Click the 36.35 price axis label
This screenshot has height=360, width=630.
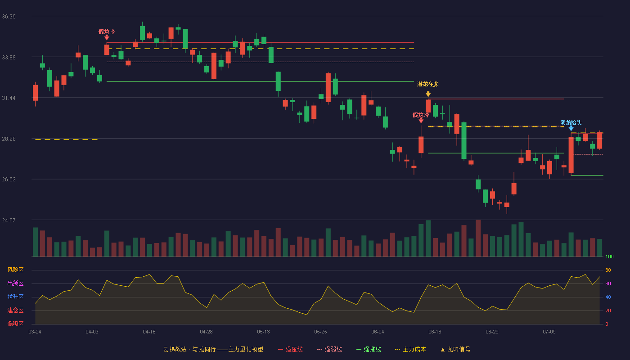click(9, 17)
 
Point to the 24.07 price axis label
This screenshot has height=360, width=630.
click(9, 220)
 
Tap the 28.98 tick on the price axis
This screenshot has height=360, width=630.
click(9, 139)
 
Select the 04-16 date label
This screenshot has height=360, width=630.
click(149, 332)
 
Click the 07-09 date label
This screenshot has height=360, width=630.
click(549, 332)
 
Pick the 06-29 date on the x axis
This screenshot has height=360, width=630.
click(492, 332)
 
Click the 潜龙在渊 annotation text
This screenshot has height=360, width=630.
click(428, 84)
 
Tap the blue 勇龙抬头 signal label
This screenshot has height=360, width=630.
click(571, 122)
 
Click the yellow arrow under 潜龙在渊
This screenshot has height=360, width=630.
click(428, 94)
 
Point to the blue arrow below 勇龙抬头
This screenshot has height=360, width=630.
click(571, 129)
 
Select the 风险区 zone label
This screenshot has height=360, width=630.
click(15, 270)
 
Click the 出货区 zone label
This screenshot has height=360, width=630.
click(15, 283)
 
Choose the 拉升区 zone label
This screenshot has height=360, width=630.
click(15, 297)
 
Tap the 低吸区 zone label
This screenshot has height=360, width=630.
click(15, 324)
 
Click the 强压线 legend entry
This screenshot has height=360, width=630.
click(290, 349)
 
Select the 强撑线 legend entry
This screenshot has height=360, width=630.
click(369, 349)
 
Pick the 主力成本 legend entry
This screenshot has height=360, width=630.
click(410, 349)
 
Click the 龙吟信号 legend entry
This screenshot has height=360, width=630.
click(455, 349)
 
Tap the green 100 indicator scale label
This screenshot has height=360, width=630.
click(609, 256)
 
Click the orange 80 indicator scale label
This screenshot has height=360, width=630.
click(608, 270)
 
